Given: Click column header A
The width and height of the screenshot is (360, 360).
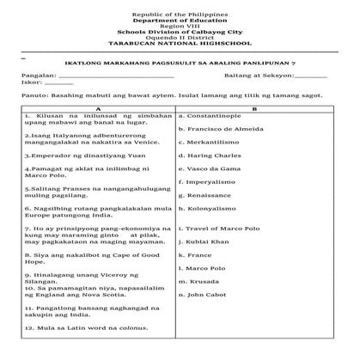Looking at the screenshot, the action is pyautogui.click(x=99, y=107).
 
